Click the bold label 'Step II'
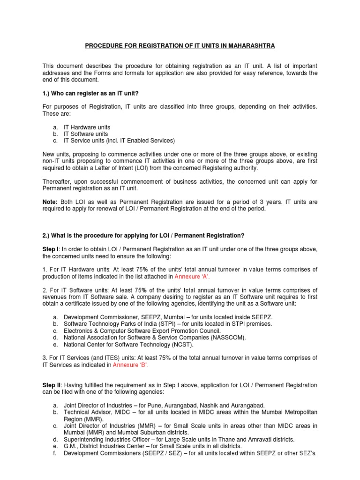pos(52,385)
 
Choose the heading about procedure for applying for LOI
pos(143,235)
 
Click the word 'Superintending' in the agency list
pos(83,439)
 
